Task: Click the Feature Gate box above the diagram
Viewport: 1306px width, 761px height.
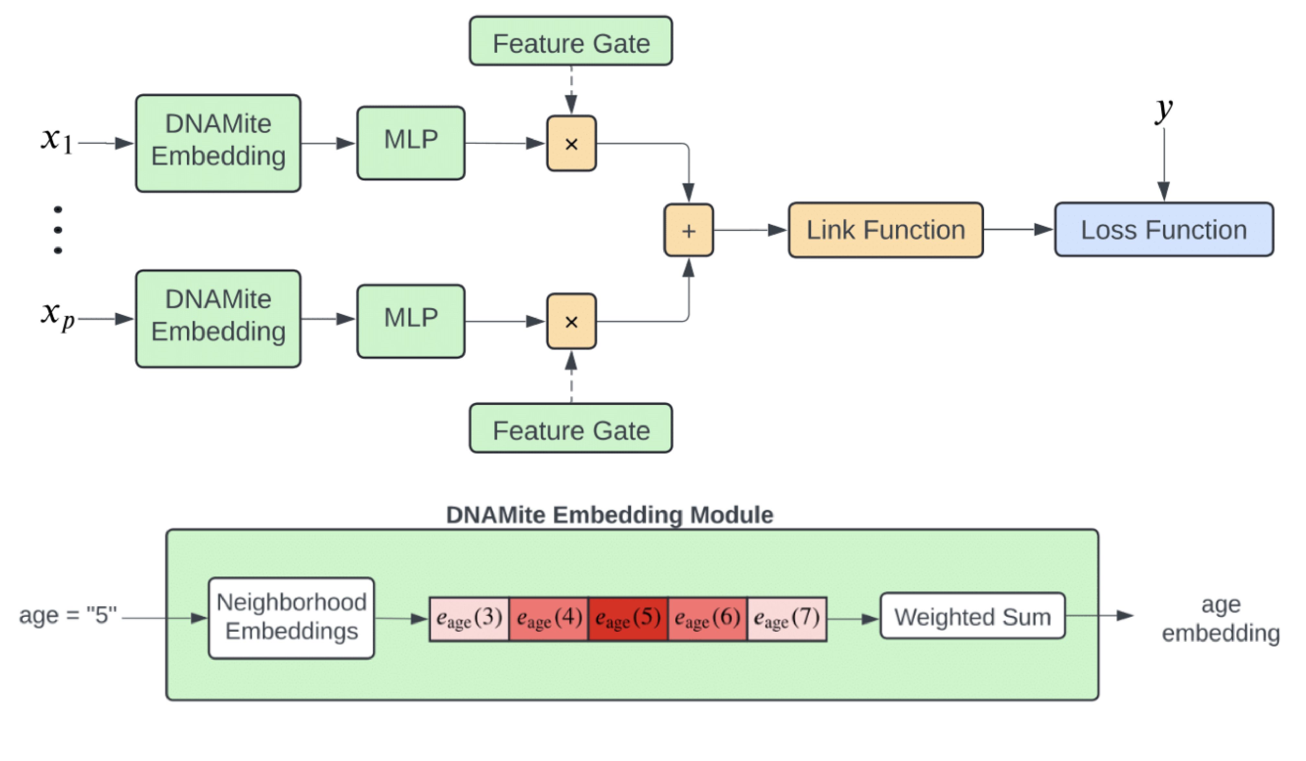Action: click(571, 41)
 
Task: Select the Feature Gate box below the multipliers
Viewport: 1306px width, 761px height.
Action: click(571, 428)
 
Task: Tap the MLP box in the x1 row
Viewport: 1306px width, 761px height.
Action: click(410, 143)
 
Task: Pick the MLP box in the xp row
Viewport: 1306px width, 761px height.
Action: click(410, 321)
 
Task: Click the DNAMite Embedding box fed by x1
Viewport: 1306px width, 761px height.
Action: click(218, 143)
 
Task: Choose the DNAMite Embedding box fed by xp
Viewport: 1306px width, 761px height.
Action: click(218, 319)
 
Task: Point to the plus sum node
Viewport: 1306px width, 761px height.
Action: click(688, 230)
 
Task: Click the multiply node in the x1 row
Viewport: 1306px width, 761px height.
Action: click(571, 144)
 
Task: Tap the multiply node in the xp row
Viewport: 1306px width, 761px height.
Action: click(571, 321)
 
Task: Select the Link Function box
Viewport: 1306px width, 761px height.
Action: click(885, 230)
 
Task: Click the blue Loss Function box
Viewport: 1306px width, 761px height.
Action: click(1163, 230)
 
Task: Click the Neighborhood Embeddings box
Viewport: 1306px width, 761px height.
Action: click(291, 618)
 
